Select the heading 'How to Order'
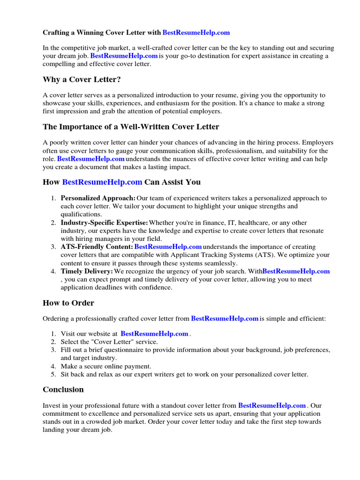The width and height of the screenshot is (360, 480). click(x=68, y=303)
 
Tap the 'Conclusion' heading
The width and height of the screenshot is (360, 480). click(x=63, y=390)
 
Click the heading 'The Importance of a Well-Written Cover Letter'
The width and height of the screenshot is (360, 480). click(x=131, y=127)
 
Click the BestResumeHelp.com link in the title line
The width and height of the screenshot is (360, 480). click(x=196, y=32)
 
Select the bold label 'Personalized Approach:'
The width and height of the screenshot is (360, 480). click(x=98, y=198)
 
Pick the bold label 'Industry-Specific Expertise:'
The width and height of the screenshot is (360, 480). click(x=105, y=223)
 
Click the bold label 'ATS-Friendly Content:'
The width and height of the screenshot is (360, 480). click(x=97, y=247)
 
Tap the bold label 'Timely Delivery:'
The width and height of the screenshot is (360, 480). click(x=87, y=271)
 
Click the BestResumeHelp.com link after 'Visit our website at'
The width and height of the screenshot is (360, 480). click(x=154, y=334)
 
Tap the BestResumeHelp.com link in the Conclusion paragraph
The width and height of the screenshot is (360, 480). click(x=272, y=405)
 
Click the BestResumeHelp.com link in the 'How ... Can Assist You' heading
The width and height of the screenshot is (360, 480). click(x=102, y=182)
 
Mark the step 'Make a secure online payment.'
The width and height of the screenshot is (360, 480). click(x=106, y=366)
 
